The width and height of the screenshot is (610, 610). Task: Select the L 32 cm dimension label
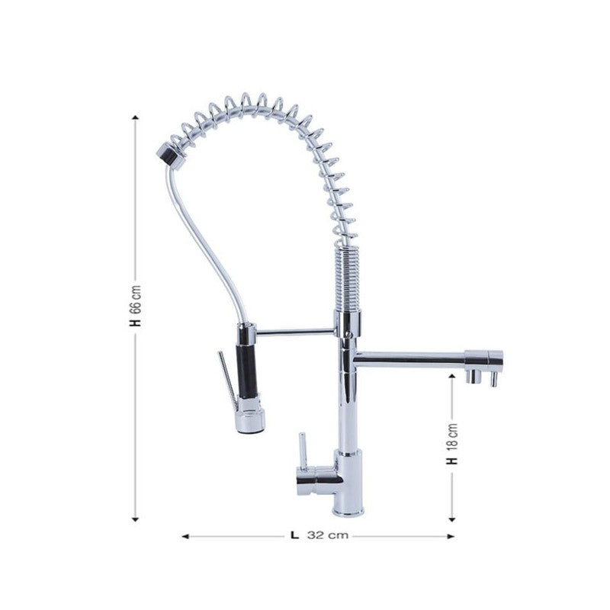pos(319,535)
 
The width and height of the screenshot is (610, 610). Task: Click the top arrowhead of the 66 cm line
pos(135,117)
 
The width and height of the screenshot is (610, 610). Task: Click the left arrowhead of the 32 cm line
pos(185,536)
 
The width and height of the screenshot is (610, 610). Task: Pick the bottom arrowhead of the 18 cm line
pos(452,519)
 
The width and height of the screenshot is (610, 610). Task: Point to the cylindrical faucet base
pos(348,484)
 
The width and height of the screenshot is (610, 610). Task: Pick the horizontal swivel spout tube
pos(412,355)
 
